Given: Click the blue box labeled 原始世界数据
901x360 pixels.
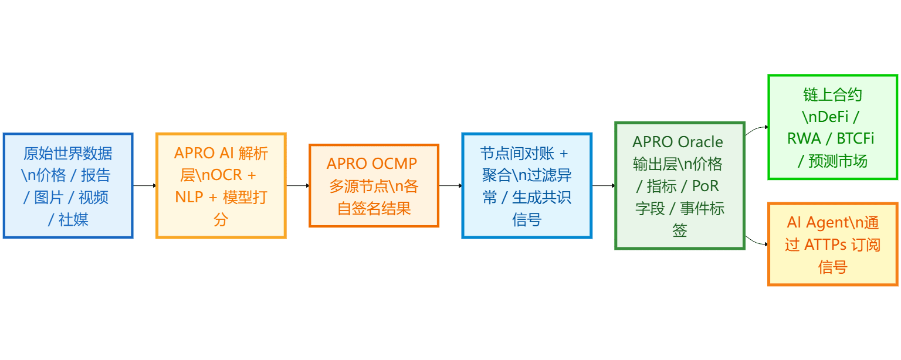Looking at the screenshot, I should click(68, 185).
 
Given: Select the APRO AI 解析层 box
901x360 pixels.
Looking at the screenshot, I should click(221, 185).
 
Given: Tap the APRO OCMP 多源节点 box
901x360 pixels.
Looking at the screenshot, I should click(374, 185).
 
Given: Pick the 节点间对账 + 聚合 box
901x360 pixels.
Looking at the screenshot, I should click(527, 185).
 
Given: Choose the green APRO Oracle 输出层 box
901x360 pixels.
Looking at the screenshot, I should click(679, 185).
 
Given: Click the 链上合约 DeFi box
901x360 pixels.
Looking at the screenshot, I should click(832, 127).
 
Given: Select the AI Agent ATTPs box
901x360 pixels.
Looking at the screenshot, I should click(832, 244).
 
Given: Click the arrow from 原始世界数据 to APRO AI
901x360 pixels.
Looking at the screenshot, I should click(144, 185).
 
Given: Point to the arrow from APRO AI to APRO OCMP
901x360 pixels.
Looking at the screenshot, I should click(297, 185).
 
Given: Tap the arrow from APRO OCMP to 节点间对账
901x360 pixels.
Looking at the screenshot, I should click(450, 185).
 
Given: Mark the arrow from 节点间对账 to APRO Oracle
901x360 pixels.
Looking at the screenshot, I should click(603, 185).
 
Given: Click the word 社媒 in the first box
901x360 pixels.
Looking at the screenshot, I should click(74, 219).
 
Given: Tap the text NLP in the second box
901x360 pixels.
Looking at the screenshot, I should click(188, 197).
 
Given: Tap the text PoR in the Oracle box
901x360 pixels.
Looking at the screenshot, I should click(705, 186).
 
